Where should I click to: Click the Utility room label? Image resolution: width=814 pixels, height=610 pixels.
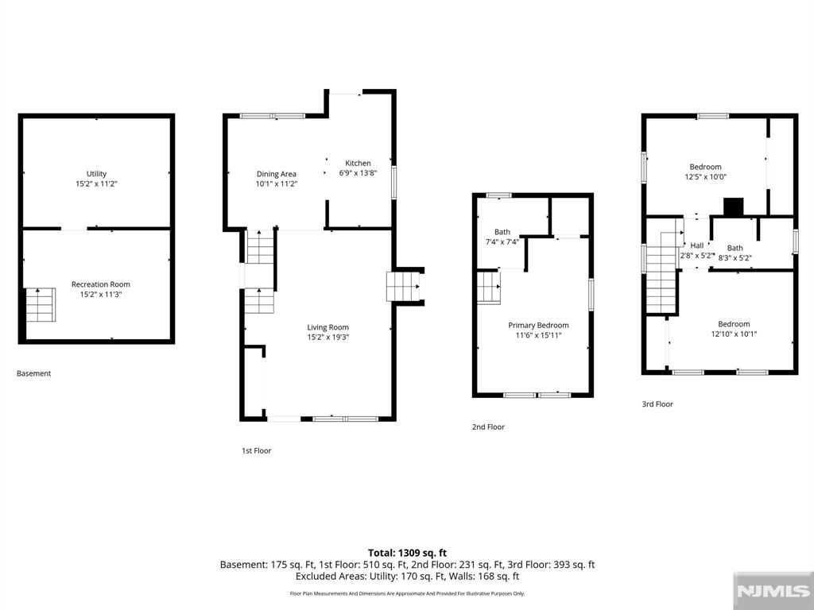(x=96, y=174)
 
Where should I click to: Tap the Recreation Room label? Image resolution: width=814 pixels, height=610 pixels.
(x=101, y=284)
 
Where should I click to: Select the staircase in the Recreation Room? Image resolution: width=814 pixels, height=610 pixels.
(x=41, y=304)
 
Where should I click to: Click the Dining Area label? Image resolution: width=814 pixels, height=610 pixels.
(x=276, y=174)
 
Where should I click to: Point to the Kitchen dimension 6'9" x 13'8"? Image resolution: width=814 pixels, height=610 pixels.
(x=358, y=173)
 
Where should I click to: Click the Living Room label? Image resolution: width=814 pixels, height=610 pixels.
(x=328, y=327)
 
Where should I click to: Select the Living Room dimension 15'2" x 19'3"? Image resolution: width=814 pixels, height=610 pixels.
(x=328, y=337)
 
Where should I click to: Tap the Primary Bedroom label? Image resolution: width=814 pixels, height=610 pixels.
(x=538, y=325)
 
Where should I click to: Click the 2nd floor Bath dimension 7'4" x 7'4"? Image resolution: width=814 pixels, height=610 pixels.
(x=502, y=241)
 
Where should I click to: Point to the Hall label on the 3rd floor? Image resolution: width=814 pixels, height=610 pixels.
(x=697, y=245)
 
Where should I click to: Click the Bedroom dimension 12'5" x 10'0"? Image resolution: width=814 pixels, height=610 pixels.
(x=706, y=176)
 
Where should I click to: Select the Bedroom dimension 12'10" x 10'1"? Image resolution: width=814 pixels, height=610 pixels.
(x=734, y=334)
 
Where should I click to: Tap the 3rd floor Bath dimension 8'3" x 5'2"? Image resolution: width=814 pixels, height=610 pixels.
(x=735, y=257)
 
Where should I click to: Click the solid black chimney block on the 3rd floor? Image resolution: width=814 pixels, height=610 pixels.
(x=734, y=207)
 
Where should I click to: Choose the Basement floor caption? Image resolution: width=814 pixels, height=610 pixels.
(x=33, y=373)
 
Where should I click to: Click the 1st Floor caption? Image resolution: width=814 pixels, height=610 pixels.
(x=257, y=451)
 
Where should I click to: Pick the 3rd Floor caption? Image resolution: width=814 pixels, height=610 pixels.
(x=657, y=404)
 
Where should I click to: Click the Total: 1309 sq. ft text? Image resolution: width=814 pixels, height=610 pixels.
(x=407, y=553)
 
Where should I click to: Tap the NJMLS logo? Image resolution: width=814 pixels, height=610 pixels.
(x=773, y=591)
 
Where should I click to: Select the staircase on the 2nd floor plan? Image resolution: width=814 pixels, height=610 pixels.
(x=489, y=288)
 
